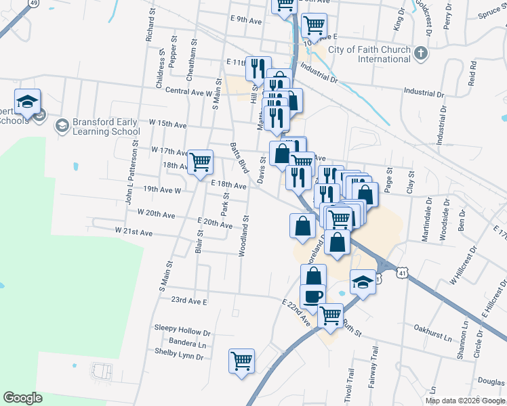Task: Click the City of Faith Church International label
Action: click(x=369, y=54)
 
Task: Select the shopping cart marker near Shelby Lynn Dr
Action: click(x=241, y=361)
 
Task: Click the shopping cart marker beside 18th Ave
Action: click(x=201, y=162)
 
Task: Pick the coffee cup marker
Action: click(x=313, y=296)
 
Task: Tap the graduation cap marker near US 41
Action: click(x=363, y=282)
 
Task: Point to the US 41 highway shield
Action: click(x=403, y=273)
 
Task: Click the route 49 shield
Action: click(x=33, y=3)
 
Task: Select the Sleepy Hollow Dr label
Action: click(x=182, y=333)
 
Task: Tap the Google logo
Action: click(x=23, y=398)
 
